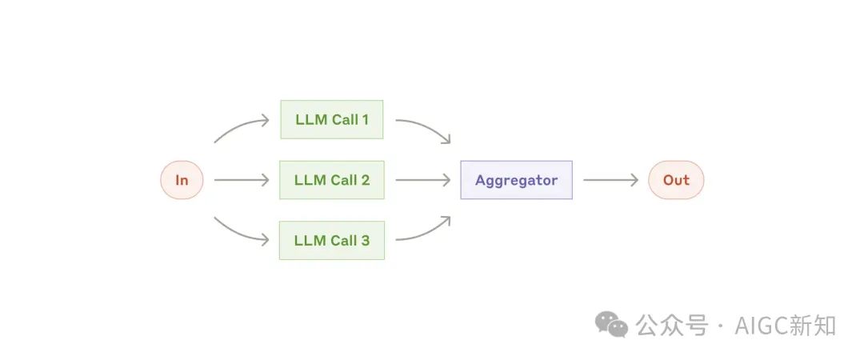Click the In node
pos(182,180)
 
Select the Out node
pos(676,180)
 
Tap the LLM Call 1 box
pos(331,120)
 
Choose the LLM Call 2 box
pos(331,180)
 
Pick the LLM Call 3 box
pos(331,240)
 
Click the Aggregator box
pos(516,180)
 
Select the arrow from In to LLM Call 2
pos(242,180)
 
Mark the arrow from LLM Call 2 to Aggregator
pos(422,180)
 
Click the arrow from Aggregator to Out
pos(610,180)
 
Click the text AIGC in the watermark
pos(758,326)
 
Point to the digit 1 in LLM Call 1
pos(365,120)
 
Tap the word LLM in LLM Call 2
pos(310,180)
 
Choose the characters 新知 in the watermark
pos(812,326)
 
